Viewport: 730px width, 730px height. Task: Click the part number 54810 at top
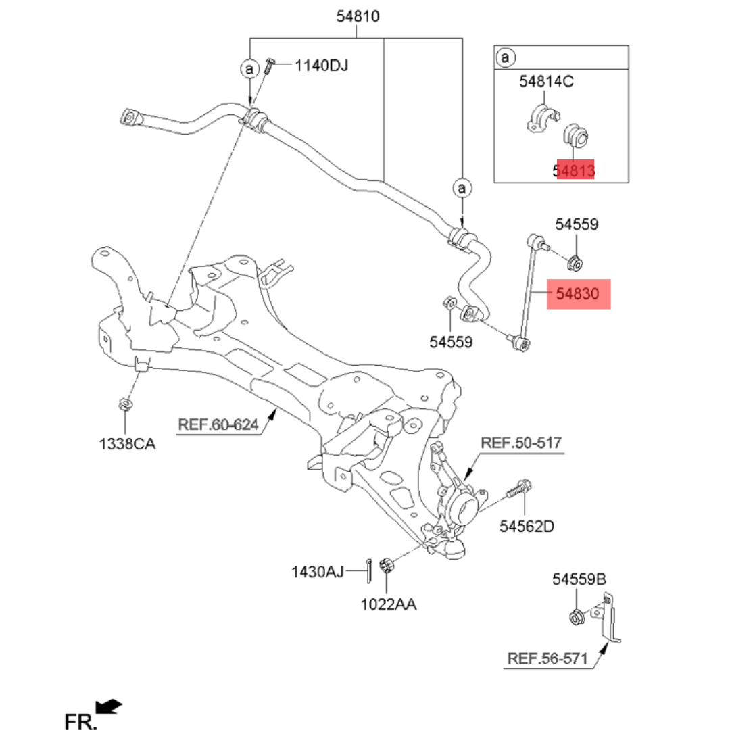358,16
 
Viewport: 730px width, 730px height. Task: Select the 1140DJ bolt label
321,66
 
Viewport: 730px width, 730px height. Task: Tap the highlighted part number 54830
577,294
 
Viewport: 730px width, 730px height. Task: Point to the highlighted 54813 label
574,171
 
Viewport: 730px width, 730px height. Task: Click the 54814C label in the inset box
546,82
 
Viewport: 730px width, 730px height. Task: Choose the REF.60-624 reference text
218,424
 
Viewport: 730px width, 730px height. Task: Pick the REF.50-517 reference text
521,443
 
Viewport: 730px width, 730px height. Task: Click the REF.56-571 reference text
547,659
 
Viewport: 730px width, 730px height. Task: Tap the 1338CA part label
127,444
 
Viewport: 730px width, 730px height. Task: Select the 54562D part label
527,527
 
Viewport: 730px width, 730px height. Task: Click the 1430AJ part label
318,572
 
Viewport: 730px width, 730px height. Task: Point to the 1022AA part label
388,604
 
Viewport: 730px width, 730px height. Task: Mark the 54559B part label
579,579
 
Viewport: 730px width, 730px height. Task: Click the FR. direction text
80,721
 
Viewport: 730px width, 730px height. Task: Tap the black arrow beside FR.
108,706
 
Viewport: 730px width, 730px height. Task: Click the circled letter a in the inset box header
506,57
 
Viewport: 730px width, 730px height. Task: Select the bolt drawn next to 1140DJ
269,66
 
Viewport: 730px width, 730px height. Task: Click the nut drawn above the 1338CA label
125,404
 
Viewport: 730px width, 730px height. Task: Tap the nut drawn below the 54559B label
577,617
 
